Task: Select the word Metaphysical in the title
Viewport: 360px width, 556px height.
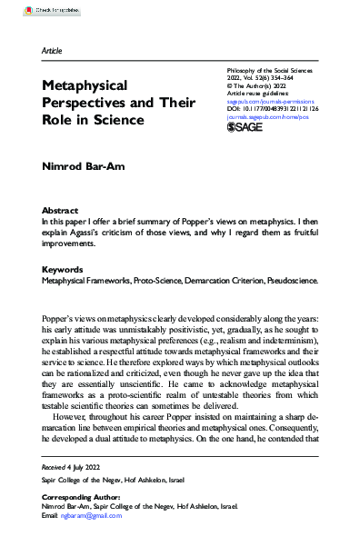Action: tap(85, 84)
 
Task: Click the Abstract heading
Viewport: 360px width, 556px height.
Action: tap(61, 209)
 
